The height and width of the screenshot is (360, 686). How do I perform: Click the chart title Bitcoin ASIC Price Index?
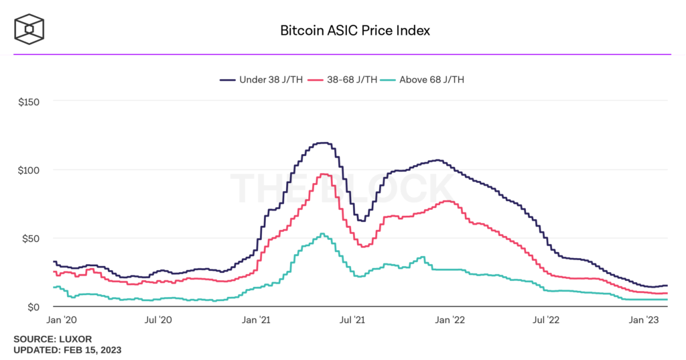point(354,31)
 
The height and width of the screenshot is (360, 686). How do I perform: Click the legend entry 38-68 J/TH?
point(348,79)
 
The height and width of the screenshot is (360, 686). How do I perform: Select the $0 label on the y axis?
point(33,307)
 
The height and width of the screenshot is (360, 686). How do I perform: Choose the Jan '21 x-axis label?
point(256,321)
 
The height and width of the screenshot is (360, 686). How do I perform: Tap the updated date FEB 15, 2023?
point(93,350)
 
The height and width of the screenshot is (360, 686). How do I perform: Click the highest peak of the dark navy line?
point(323,143)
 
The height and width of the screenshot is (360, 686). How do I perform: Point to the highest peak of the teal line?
point(322,234)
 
